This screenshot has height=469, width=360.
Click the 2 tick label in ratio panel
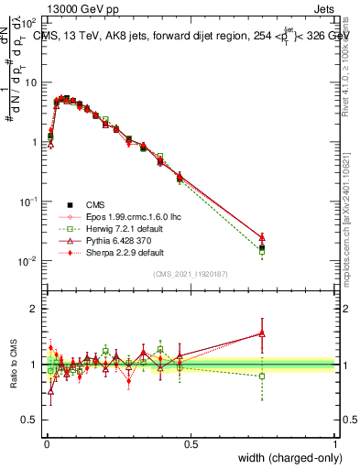coord(33,309)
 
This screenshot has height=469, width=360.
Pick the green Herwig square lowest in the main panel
coord(262,251)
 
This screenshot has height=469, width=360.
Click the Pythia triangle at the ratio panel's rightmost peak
coord(262,333)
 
